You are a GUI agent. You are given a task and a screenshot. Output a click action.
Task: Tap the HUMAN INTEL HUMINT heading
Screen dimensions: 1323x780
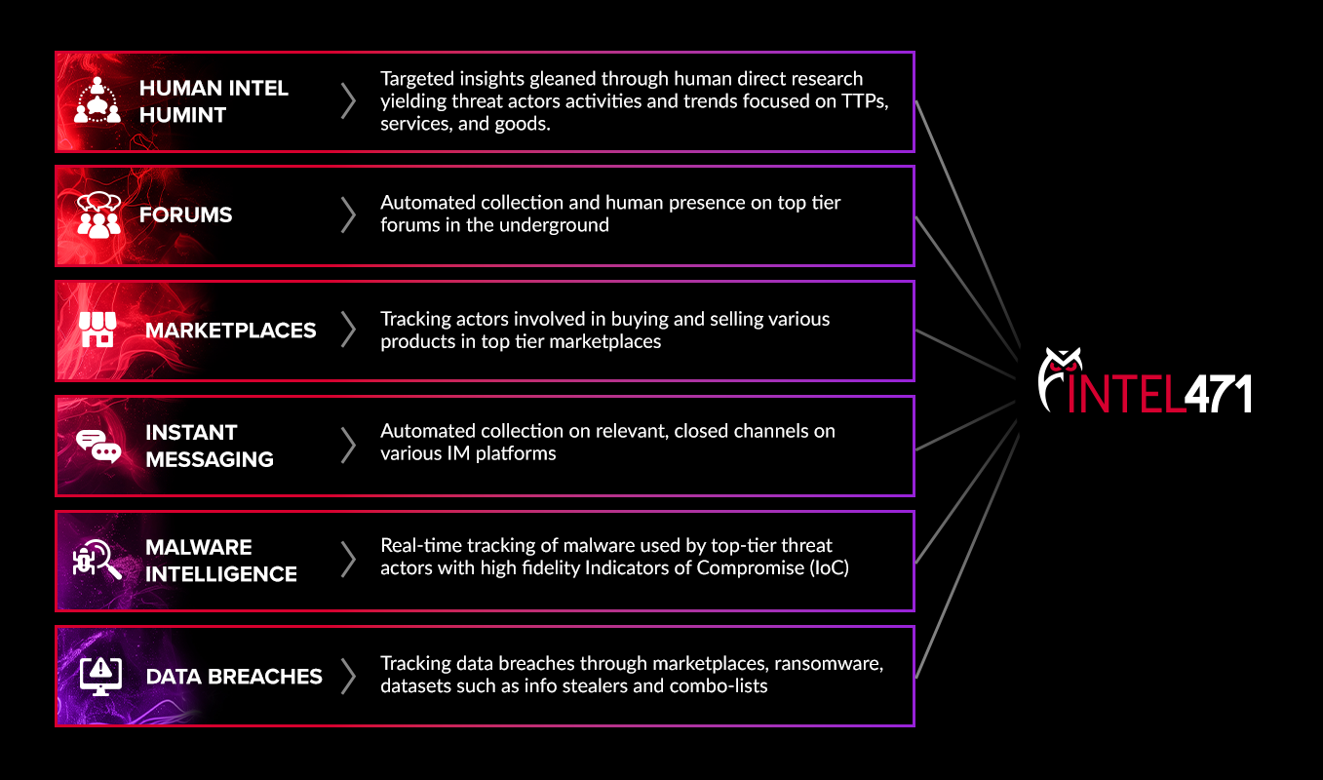[214, 101]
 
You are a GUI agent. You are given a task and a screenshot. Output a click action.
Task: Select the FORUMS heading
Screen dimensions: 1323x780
[185, 215]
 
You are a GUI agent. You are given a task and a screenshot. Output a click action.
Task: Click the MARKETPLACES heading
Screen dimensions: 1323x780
[230, 331]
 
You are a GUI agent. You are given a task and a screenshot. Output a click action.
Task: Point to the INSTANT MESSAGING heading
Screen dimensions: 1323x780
[209, 446]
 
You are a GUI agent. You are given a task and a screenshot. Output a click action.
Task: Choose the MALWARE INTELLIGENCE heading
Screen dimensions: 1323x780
[220, 561]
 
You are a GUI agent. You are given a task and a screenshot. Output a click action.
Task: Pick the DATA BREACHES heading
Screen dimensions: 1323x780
[233, 676]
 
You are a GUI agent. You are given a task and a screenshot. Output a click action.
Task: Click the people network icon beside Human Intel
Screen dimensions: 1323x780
[97, 100]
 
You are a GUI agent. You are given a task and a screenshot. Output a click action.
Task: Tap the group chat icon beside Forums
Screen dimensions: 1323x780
[97, 214]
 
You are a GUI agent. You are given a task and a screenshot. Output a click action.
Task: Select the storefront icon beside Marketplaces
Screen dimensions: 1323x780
[97, 330]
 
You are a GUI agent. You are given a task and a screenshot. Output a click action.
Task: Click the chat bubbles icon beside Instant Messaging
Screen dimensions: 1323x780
[97, 446]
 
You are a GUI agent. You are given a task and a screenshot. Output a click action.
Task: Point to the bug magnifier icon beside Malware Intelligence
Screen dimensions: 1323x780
[97, 560]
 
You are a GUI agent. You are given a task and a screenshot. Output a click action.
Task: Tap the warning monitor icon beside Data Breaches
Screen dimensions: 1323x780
[97, 675]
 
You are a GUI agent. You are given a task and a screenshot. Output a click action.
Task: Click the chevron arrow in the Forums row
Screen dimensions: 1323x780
[348, 215]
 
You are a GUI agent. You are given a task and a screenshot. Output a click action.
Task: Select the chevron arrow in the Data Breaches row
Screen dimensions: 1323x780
[348, 676]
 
